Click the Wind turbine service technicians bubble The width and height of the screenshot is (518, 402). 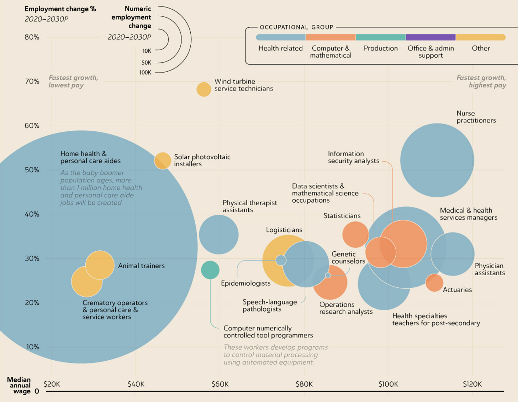[x=204, y=89]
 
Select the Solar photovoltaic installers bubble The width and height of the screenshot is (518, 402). [x=163, y=161]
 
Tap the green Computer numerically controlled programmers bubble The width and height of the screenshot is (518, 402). [x=210, y=270]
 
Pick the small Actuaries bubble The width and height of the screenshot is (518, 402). [x=434, y=283]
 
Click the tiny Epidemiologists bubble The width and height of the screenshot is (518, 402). [x=281, y=260]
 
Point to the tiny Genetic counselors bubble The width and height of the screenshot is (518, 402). [x=328, y=275]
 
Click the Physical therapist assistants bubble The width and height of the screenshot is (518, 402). [x=218, y=235]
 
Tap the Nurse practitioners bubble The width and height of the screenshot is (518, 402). [x=437, y=160]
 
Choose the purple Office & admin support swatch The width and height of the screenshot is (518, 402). [x=430, y=37]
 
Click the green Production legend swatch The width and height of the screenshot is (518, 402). [x=381, y=37]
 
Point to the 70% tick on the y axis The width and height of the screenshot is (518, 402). [x=32, y=82]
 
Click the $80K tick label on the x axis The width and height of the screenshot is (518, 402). [x=304, y=384]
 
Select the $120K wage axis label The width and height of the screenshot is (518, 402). [x=472, y=384]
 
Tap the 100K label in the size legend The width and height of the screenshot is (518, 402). [x=145, y=73]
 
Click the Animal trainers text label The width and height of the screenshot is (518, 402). [x=141, y=266]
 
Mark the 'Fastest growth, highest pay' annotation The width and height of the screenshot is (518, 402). [x=481, y=81]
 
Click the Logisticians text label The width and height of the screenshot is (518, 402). [x=284, y=230]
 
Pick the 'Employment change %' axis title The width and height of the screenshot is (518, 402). [x=60, y=9]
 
